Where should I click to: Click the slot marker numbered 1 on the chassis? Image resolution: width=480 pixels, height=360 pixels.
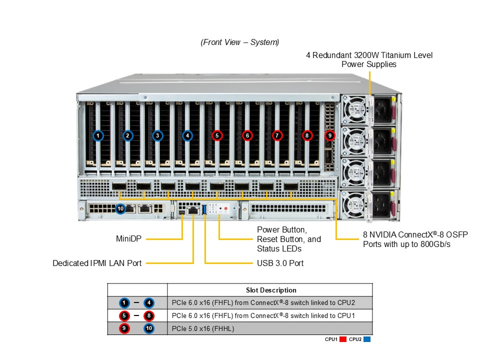pos(98,135)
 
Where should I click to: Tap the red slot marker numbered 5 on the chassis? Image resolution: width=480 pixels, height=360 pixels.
pos(216,135)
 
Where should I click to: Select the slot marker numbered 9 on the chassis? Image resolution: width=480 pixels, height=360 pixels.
pos(329,135)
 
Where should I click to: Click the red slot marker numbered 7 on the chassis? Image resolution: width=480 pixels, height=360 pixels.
pos(277,135)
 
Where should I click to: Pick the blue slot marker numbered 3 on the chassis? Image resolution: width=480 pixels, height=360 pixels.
pos(157,135)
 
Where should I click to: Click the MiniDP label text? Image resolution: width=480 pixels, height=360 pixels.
pos(127,239)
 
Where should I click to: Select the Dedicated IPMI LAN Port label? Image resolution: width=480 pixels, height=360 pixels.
pos(97,263)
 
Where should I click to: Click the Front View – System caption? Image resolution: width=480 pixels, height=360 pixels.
pos(240,42)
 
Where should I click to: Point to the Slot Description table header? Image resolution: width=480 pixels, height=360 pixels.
pos(271,290)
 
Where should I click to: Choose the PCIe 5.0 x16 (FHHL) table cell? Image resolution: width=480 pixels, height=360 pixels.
pos(203,328)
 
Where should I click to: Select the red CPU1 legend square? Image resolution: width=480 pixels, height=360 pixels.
pos(343,339)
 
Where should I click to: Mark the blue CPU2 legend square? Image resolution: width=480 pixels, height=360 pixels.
pos(367,339)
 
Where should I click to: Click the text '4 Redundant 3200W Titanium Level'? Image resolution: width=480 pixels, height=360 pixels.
pos(369,55)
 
